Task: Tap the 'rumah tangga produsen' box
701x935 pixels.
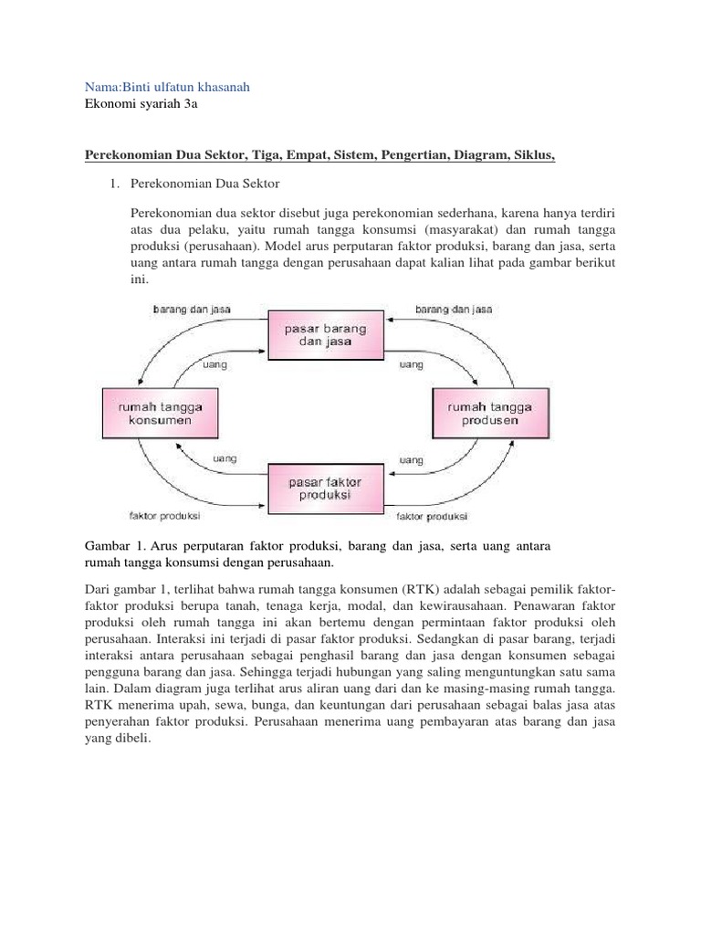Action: [x=482, y=412]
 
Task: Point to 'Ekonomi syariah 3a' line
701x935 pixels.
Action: [x=141, y=104]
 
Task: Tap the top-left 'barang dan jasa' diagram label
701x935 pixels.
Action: [x=192, y=310]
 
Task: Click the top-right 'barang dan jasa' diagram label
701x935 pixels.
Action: [x=454, y=310]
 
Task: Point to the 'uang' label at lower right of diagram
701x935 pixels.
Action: [x=412, y=458]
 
